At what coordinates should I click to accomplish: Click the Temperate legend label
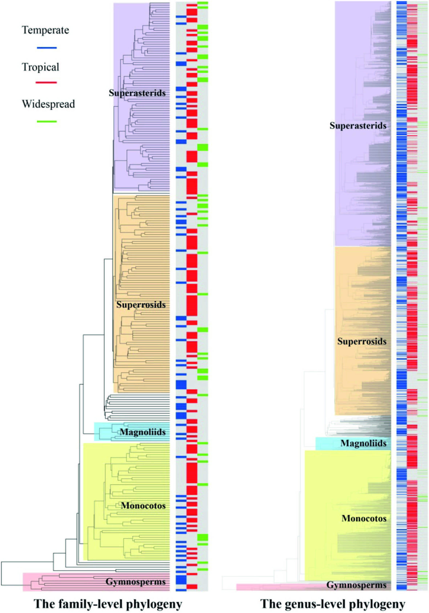[45, 30]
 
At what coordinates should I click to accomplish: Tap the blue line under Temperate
[47, 48]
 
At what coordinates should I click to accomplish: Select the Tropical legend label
[40, 67]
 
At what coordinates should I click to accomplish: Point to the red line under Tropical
[46, 82]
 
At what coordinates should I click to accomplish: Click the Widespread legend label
[48, 104]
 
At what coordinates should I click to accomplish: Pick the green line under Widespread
[47, 122]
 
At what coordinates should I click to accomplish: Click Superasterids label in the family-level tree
[137, 93]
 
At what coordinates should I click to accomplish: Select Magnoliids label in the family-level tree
[143, 432]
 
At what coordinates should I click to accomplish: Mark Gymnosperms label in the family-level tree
[136, 582]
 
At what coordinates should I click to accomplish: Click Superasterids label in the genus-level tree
[358, 126]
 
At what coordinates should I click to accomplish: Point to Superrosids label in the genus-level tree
[362, 341]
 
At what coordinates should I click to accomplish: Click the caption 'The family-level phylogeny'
[108, 604]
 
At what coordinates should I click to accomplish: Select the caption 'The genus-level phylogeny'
[333, 604]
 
